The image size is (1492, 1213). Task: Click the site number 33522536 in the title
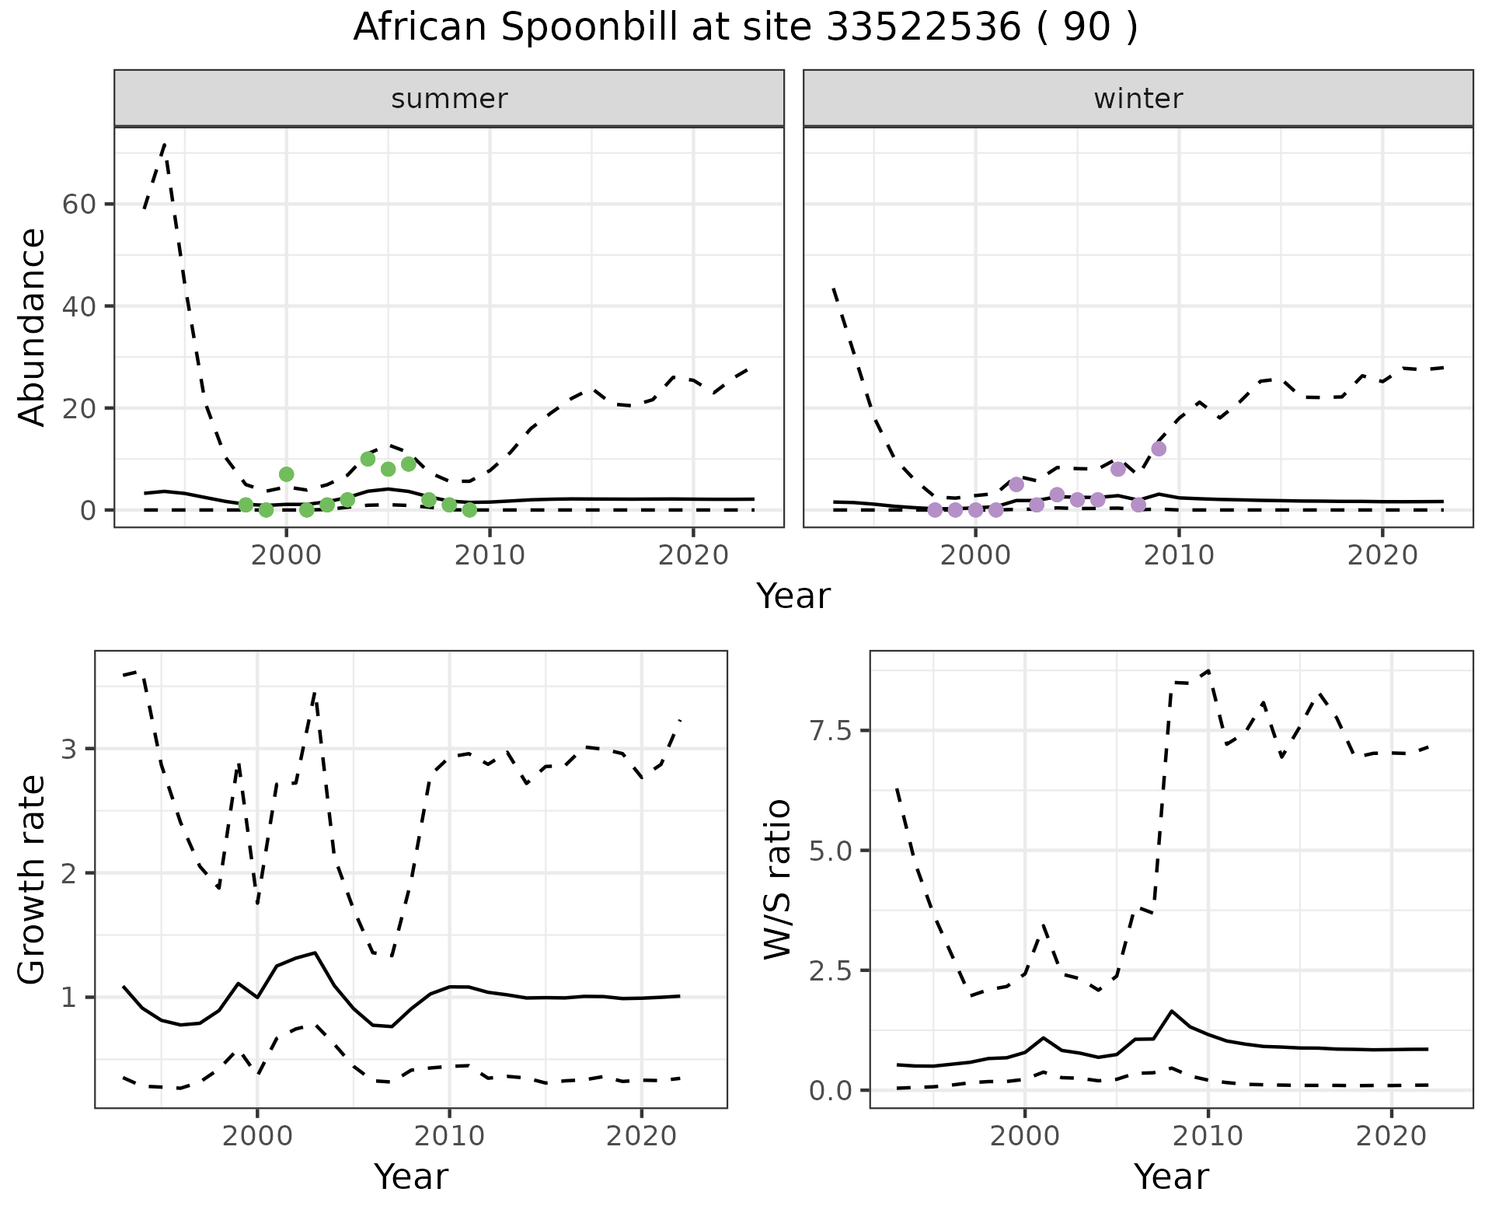924,28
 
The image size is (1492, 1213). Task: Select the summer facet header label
449,99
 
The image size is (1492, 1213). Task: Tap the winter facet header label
1138,99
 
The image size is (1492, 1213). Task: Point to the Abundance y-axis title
33,327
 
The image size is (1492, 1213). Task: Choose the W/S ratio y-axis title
777,879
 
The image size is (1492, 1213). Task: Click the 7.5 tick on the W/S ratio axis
830,731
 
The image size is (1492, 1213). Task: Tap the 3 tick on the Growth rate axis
69,750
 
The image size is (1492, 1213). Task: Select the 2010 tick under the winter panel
1179,555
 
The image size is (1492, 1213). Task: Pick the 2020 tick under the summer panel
693,555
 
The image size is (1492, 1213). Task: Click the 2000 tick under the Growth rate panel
257,1136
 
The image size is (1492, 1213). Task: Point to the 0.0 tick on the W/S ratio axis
830,1091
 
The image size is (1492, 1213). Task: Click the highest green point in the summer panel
368,459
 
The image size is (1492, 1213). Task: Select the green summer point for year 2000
286,474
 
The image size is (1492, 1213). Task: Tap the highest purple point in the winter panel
1159,449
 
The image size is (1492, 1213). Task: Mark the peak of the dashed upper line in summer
165,144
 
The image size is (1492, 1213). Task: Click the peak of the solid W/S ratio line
1172,1011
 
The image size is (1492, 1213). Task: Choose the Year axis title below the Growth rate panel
411,1177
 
